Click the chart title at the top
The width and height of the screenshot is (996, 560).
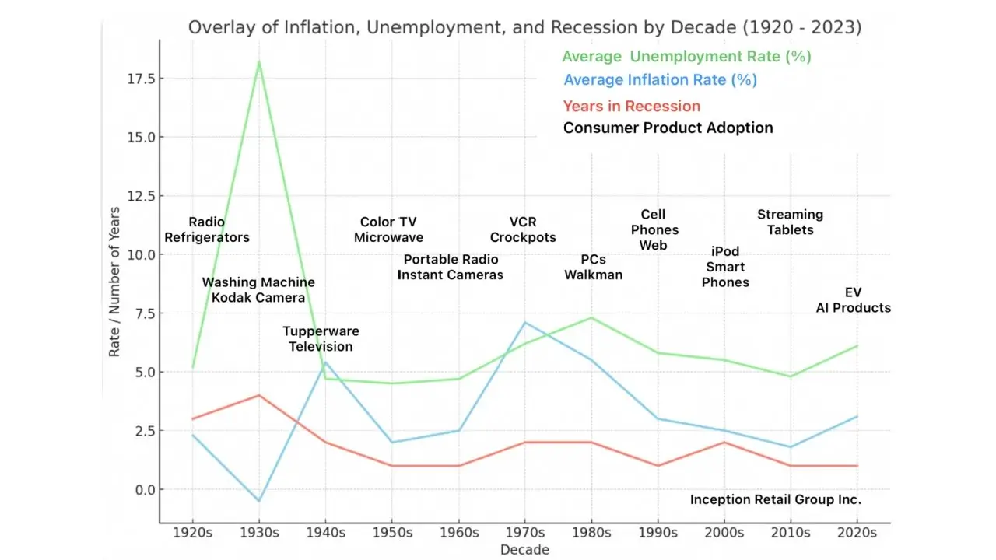524,27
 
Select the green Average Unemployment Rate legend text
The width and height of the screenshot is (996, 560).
686,57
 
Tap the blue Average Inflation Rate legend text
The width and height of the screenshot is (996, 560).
660,80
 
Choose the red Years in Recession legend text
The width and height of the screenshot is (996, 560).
631,107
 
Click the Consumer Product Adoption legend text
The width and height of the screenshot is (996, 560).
668,128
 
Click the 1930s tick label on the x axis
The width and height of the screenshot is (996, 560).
259,533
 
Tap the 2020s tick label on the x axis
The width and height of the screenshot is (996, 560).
856,533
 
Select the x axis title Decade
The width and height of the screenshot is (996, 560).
524,550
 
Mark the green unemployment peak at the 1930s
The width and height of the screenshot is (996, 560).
259,61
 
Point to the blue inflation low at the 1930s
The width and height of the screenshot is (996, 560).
259,501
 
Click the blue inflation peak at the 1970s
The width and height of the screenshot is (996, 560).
525,322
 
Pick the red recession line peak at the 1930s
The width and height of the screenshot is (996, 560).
259,395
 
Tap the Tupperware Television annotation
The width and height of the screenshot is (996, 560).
321,339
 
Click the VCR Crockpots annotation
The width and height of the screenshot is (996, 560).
523,230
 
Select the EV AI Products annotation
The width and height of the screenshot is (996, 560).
853,300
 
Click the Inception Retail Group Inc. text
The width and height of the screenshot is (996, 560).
775,500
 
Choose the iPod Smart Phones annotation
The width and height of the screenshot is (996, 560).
725,267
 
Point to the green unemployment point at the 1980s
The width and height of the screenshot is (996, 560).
591,317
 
